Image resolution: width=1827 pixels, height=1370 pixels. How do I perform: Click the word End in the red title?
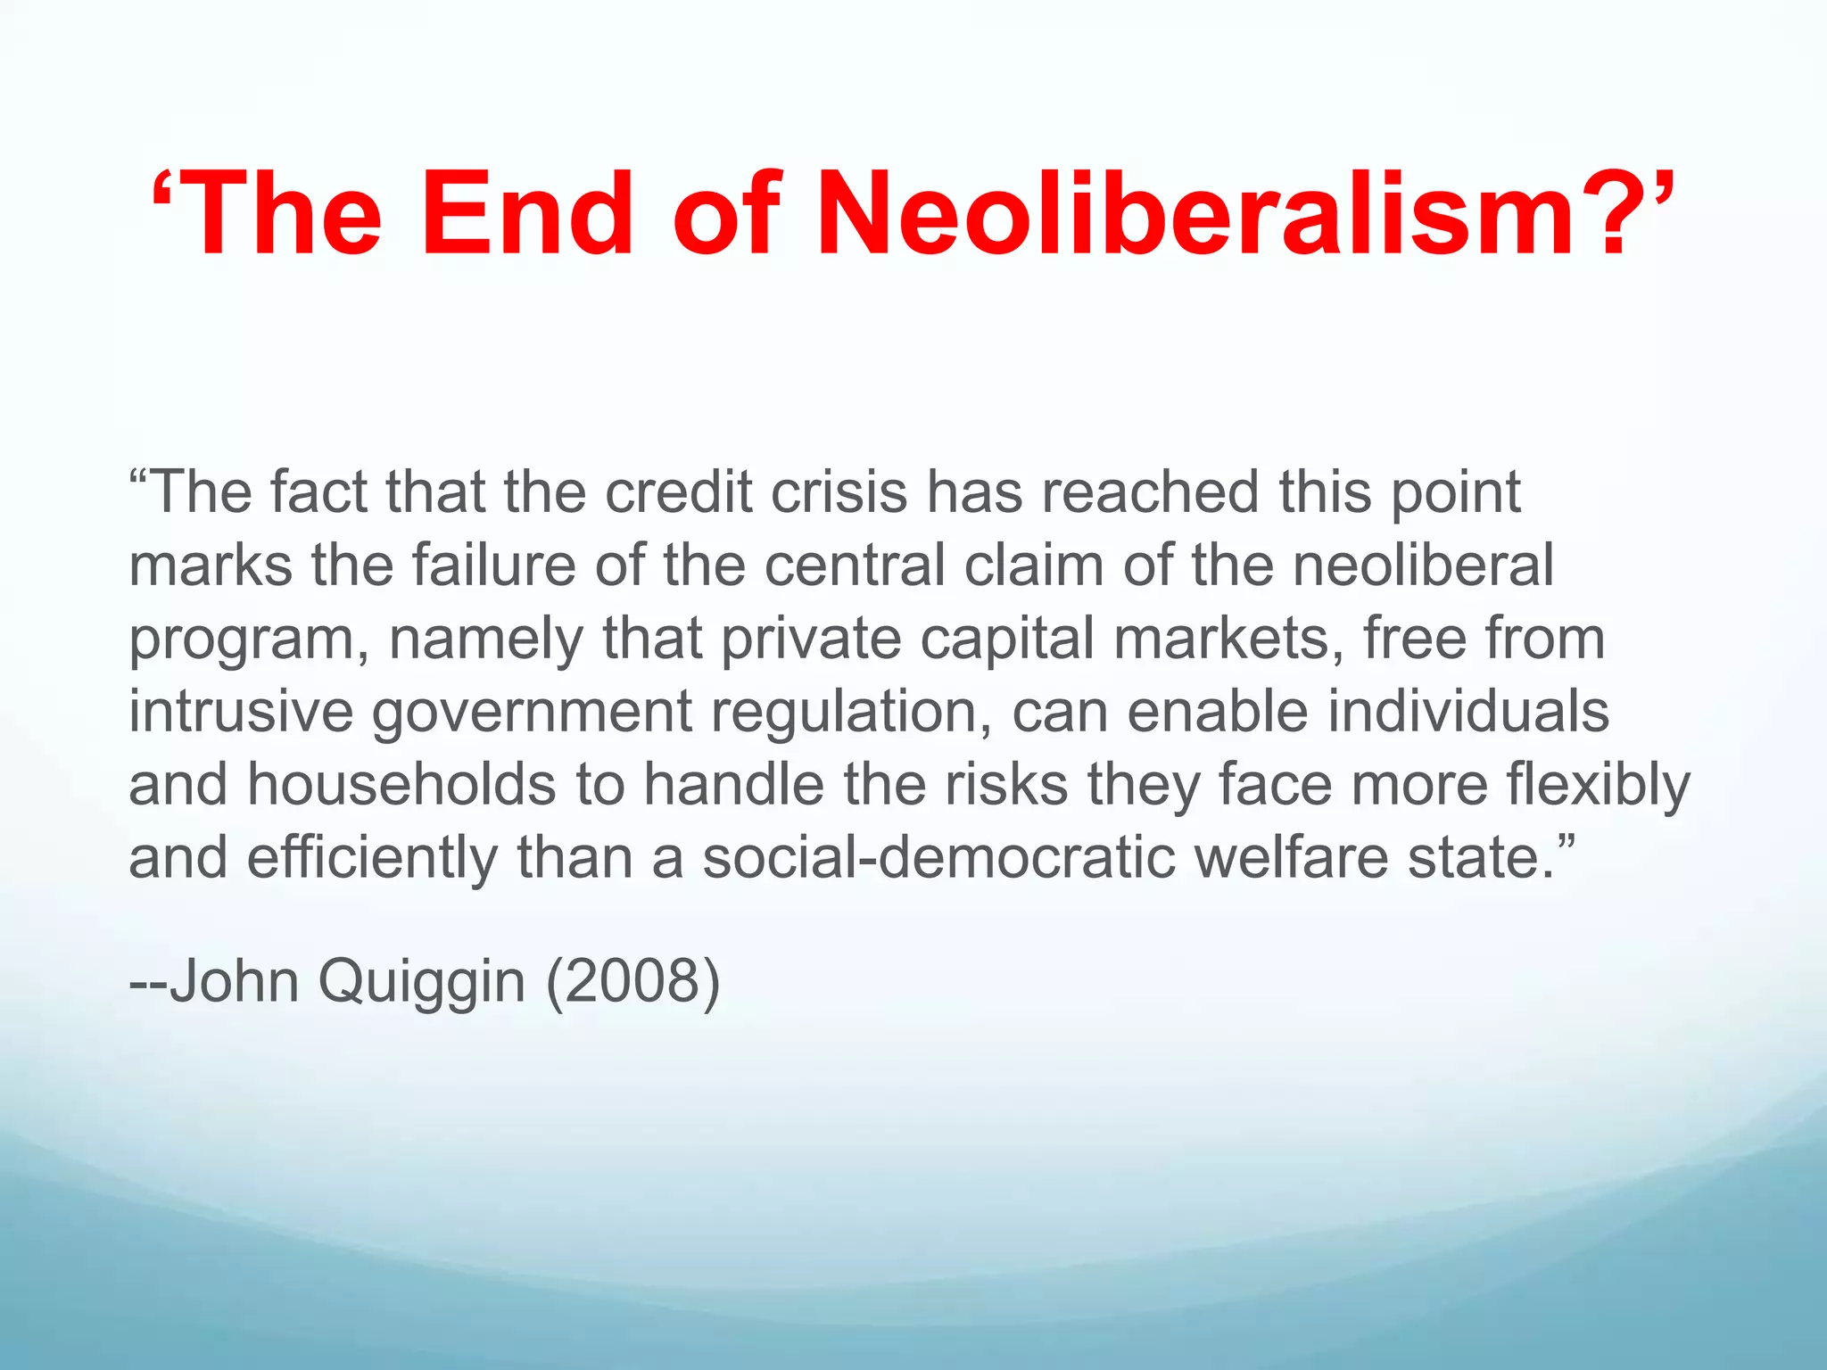[526, 215]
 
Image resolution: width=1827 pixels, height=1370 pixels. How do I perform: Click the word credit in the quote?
[679, 492]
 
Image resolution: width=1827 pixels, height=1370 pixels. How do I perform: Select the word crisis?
[839, 492]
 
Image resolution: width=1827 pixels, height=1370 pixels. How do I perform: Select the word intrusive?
[241, 712]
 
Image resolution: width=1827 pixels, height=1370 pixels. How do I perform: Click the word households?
[401, 785]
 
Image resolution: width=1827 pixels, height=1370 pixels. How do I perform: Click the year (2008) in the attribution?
[632, 983]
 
